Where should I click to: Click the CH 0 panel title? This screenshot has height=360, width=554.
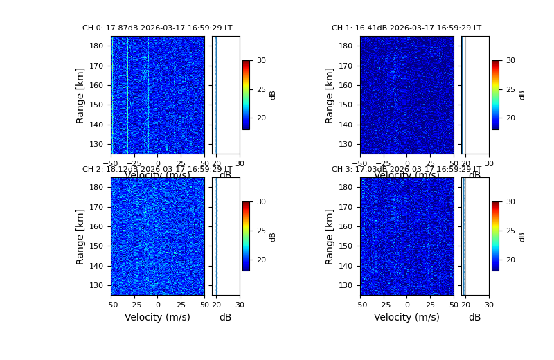[157, 28]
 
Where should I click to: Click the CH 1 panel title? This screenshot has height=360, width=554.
[406, 28]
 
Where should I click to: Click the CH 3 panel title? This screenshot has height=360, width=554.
[406, 170]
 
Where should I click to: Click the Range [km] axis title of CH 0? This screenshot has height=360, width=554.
[80, 96]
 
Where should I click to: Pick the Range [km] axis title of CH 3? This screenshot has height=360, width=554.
[330, 237]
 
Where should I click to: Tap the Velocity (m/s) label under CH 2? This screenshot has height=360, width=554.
[157, 318]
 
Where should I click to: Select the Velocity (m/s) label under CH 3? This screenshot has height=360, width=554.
[406, 318]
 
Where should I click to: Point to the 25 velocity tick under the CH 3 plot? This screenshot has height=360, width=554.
[430, 304]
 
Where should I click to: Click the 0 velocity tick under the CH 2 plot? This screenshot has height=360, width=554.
[157, 304]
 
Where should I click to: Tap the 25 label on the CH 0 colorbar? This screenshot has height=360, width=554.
[261, 89]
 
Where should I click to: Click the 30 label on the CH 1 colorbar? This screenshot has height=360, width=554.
[510, 61]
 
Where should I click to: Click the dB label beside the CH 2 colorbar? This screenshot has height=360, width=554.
[273, 237]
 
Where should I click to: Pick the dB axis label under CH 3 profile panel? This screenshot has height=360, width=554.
[474, 318]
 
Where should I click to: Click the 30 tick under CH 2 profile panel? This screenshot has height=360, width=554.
[240, 304]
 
